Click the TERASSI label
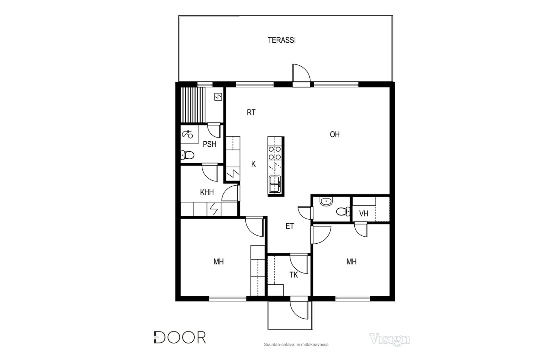click(282, 40)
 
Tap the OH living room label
click(335, 134)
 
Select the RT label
click(251, 112)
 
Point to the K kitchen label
click(253, 164)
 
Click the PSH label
click(210, 144)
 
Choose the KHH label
click(207, 192)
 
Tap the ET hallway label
click(290, 226)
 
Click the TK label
click(294, 275)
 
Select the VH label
click(364, 213)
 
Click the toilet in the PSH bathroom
click(187, 155)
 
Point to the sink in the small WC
click(326, 201)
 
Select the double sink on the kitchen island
click(275, 184)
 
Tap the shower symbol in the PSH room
click(187, 134)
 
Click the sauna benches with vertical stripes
click(193, 105)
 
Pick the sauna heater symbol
click(218, 97)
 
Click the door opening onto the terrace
click(301, 73)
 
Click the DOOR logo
click(180, 337)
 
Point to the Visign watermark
click(390, 339)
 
